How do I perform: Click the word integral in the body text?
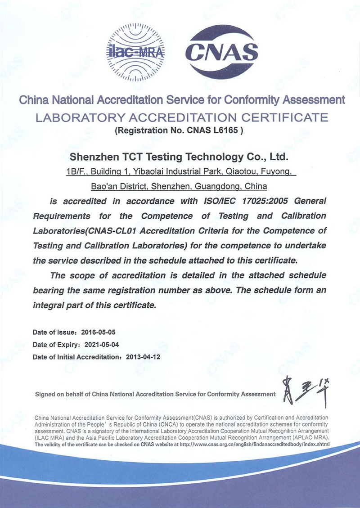pyautogui.click(x=49, y=305)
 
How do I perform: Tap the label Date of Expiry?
pyautogui.click(x=55, y=345)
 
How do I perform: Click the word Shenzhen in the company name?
pyautogui.click(x=92, y=157)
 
